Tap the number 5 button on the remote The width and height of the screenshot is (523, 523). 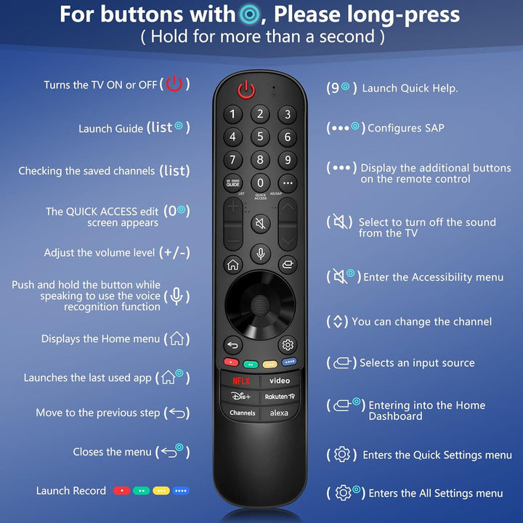[260, 137]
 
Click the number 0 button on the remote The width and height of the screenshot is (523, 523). [260, 182]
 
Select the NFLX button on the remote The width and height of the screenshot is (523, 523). [240, 381]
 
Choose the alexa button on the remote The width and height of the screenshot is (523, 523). [279, 413]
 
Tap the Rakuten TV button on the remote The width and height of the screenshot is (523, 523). [279, 397]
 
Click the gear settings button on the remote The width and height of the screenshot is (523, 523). [288, 345]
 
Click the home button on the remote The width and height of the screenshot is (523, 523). [232, 264]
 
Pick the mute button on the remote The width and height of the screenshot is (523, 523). [260, 224]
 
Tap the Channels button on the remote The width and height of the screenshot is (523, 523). [242, 413]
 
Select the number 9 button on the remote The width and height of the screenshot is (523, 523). [288, 160]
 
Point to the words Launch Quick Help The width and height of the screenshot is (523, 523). [410, 89]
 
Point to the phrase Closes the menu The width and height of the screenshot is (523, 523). [112, 452]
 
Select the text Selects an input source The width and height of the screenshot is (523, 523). [417, 363]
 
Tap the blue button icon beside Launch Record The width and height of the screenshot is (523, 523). [181, 491]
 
